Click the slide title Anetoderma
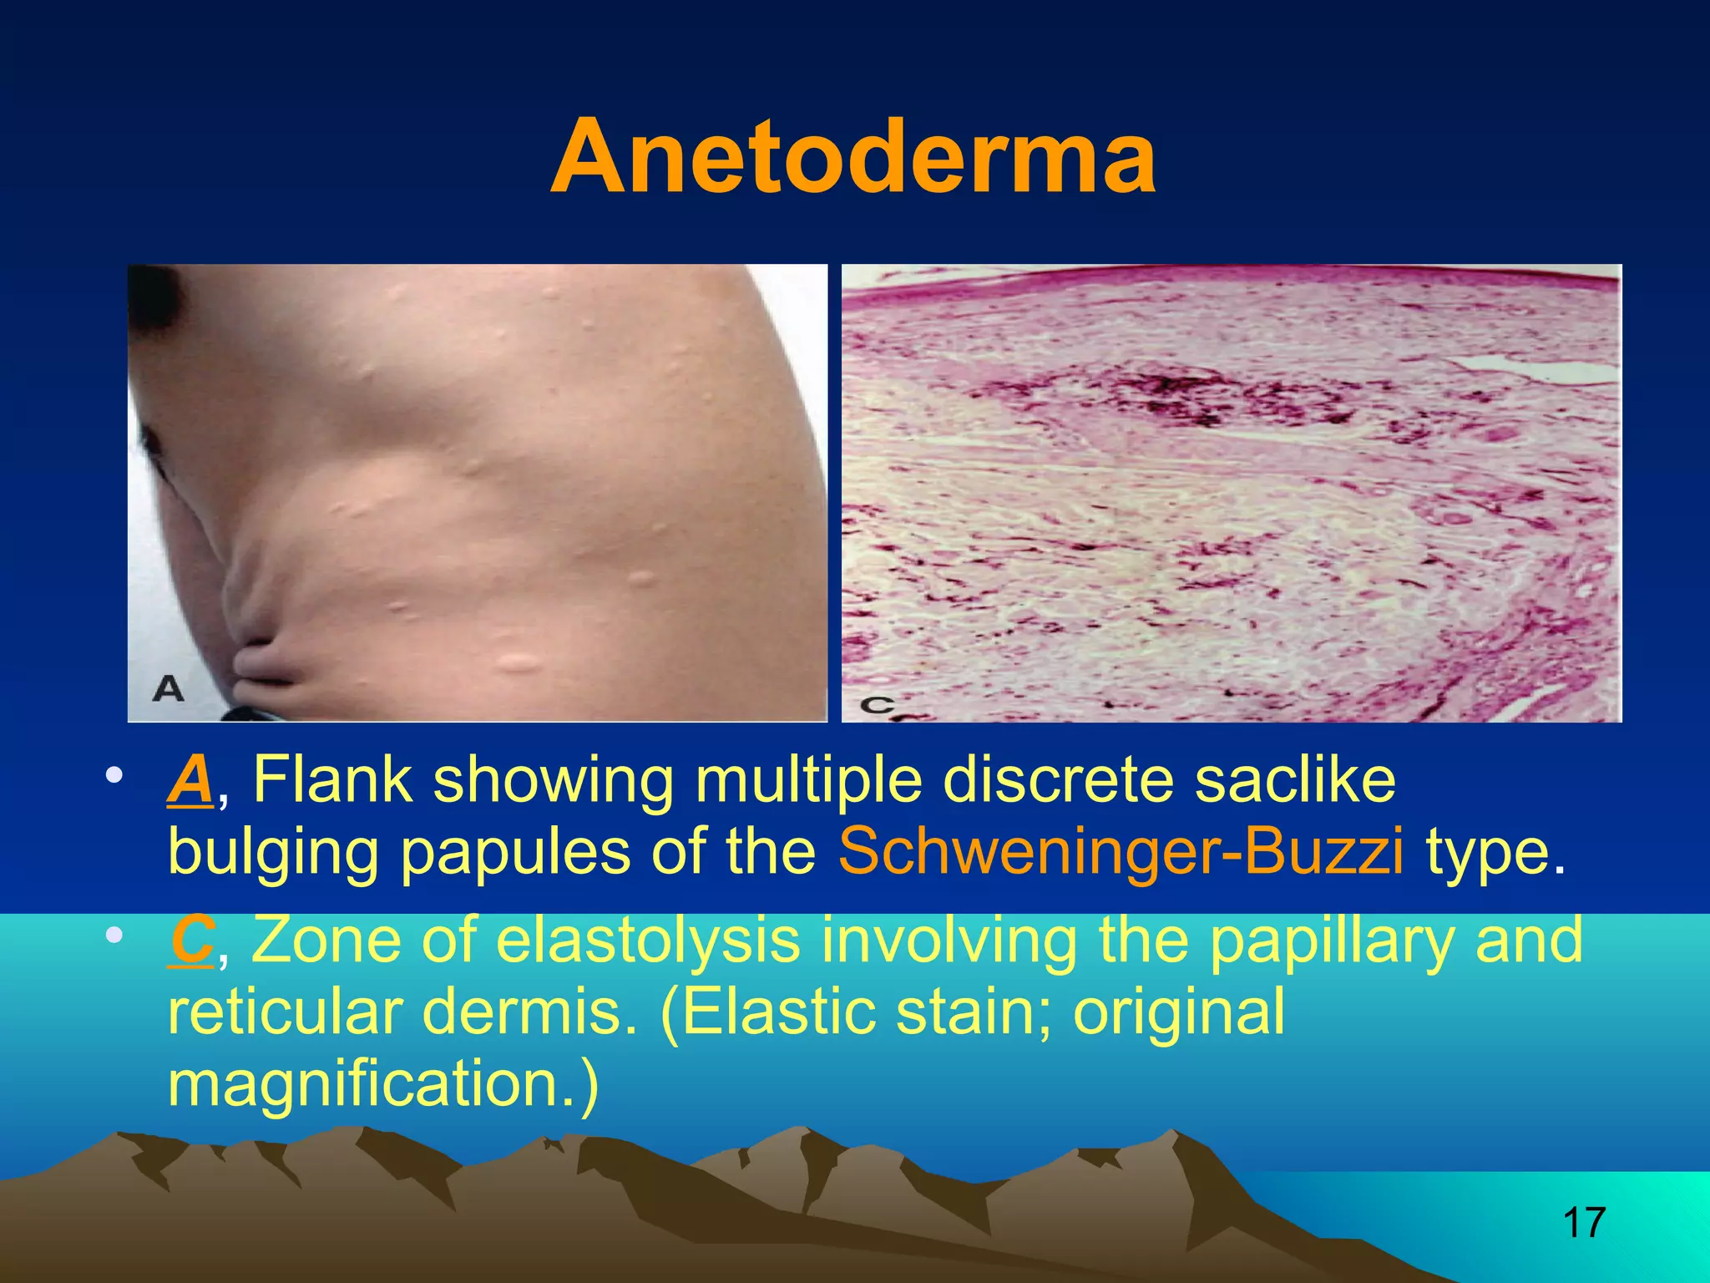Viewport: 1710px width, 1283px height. pyautogui.click(x=853, y=157)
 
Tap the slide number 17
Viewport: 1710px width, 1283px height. pyautogui.click(x=1583, y=1222)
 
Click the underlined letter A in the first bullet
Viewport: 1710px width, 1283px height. pyautogui.click(x=190, y=780)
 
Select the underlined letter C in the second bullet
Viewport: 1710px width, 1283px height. pyautogui.click(x=191, y=940)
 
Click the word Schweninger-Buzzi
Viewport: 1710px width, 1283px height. pyautogui.click(x=1121, y=852)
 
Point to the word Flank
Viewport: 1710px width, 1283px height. pyautogui.click(x=332, y=780)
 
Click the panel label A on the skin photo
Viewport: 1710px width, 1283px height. pyautogui.click(x=169, y=689)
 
